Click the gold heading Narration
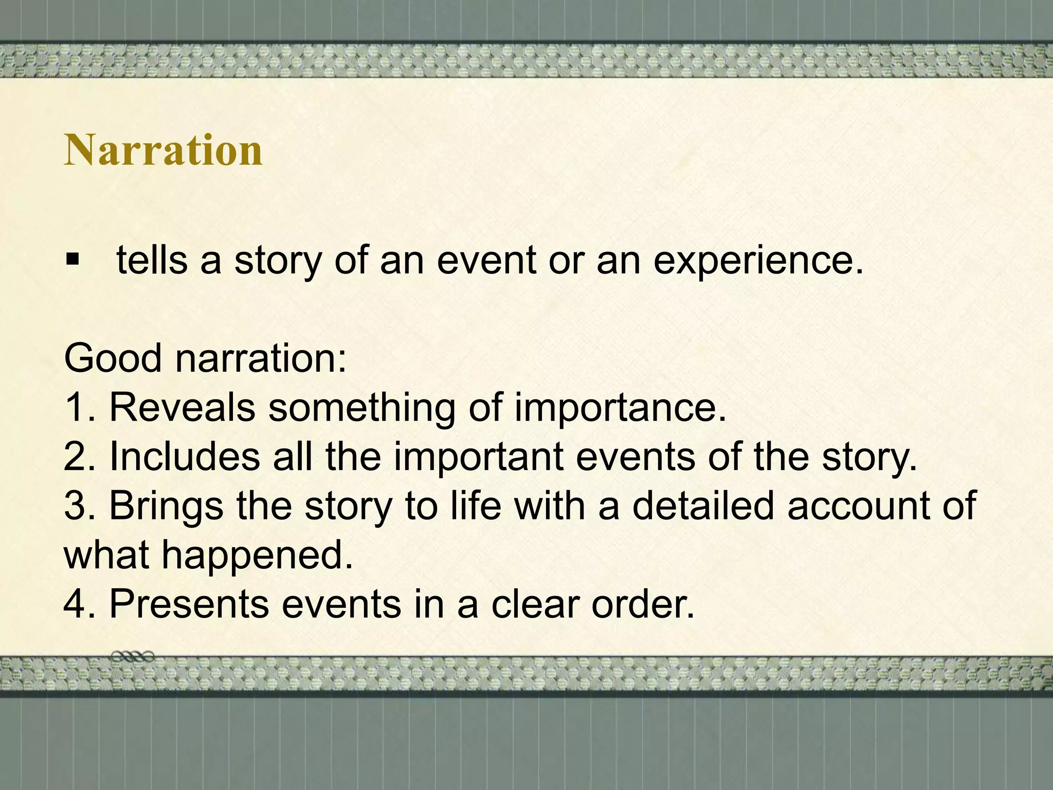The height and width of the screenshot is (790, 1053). coord(163,150)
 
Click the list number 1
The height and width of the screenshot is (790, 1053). coord(75,407)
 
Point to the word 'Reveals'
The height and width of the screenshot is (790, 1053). coord(182,407)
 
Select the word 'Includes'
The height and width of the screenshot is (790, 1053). coord(185,456)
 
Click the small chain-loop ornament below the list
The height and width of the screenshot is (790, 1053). coord(133,656)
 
